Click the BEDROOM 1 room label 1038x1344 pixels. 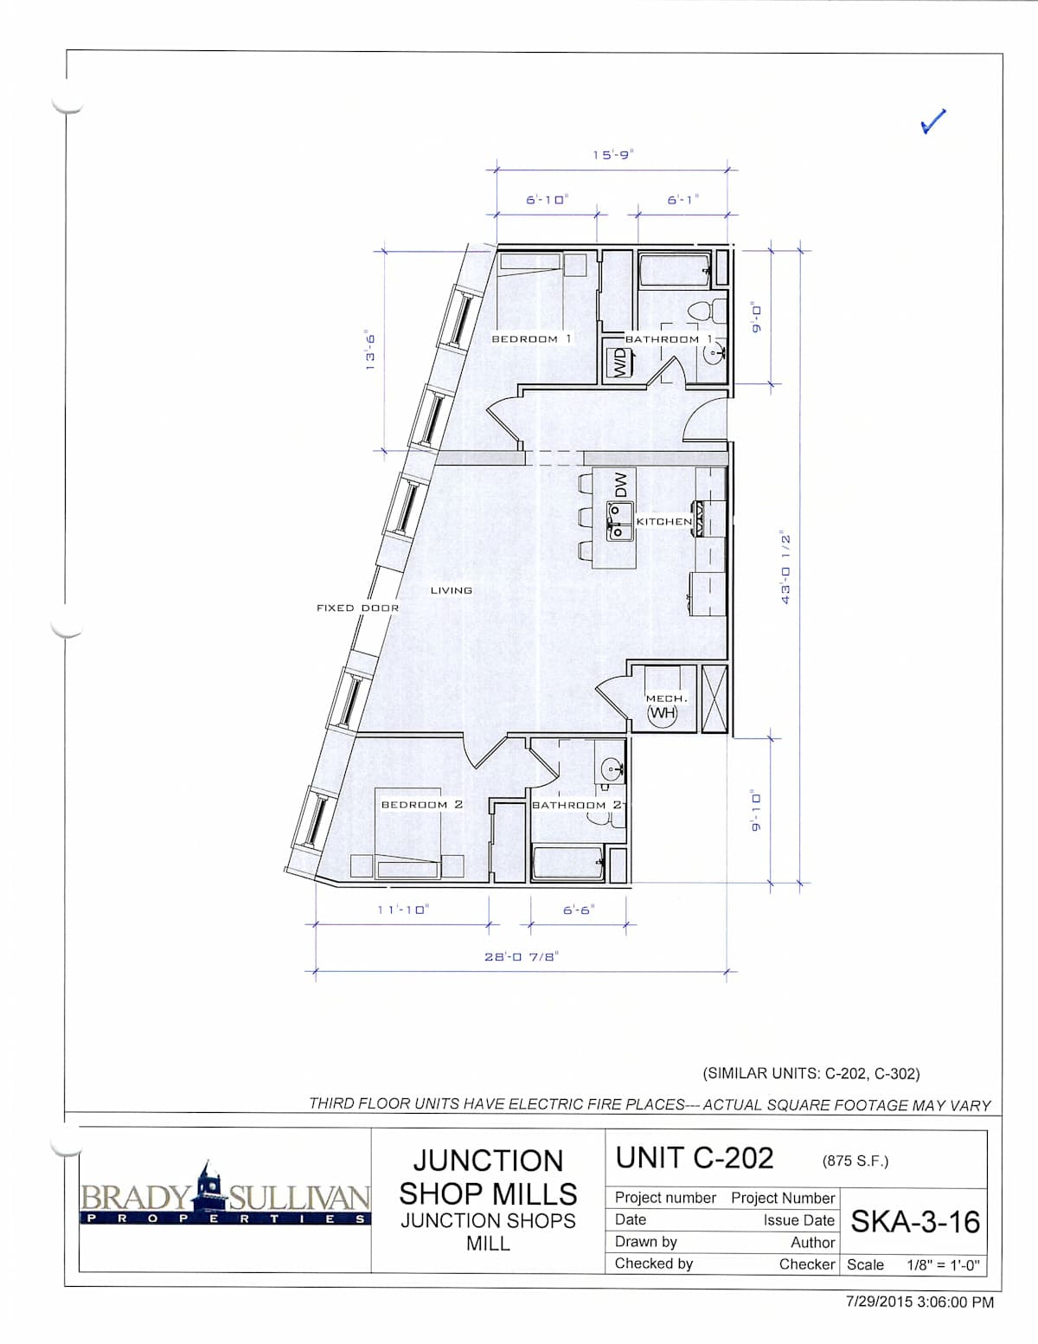click(531, 339)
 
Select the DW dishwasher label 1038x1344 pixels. click(621, 485)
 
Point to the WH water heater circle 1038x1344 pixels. click(662, 713)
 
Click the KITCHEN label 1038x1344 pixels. click(664, 521)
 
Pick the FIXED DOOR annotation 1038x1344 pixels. click(358, 608)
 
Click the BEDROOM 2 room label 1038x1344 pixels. click(422, 805)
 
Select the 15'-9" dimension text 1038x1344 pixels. click(613, 154)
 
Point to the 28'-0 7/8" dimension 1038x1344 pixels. click(522, 956)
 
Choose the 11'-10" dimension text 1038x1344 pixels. click(403, 910)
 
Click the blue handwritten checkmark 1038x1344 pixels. click(932, 122)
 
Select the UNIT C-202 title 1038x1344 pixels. click(695, 1158)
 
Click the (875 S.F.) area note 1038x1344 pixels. click(855, 1161)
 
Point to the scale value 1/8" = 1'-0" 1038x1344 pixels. click(944, 1265)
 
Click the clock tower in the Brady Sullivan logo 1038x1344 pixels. click(207, 1186)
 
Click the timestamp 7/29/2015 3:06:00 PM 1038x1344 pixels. click(919, 1302)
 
